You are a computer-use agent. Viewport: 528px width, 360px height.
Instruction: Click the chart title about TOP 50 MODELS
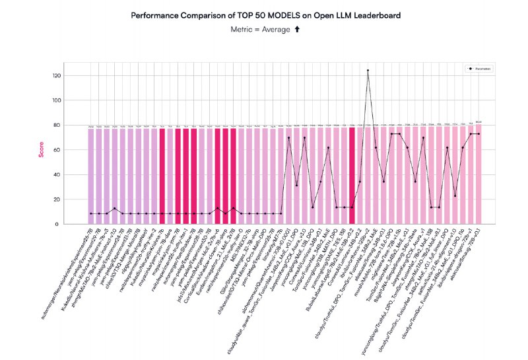coord(263,14)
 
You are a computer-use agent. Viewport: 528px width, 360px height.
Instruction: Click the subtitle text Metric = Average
coord(257,30)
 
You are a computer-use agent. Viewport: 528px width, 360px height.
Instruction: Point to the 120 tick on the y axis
coord(57,76)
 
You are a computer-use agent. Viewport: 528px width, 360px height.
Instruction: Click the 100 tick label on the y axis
coord(57,100)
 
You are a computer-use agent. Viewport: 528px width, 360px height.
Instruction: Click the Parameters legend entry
coord(481,68)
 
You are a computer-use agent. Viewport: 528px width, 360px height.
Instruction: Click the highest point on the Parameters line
coord(368,70)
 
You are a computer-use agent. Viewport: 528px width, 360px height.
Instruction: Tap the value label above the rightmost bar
coord(478,122)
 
